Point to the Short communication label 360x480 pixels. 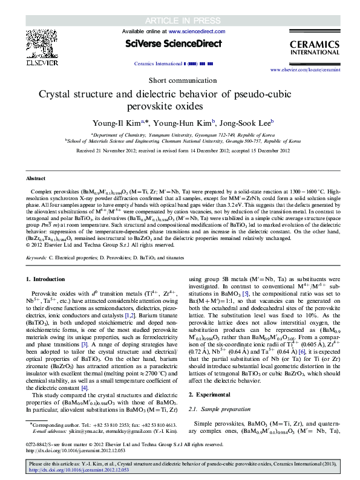coord(180,80)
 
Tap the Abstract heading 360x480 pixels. coord(35,179)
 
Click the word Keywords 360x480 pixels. coord(36,257)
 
